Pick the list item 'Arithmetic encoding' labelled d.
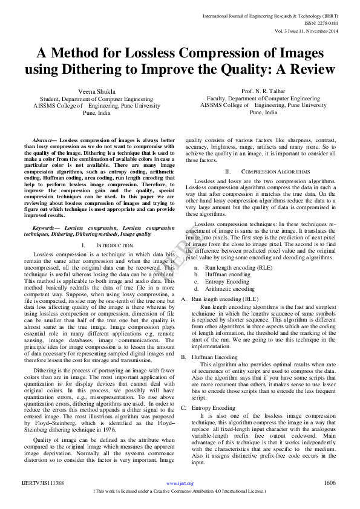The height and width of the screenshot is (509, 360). [221, 288]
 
